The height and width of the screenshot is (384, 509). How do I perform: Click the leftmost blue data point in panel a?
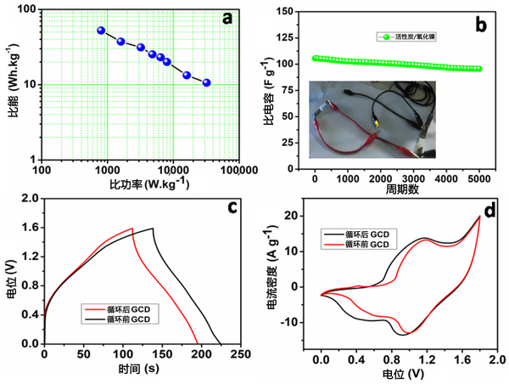tap(101, 31)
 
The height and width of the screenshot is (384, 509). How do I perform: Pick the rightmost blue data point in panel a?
tap(206, 83)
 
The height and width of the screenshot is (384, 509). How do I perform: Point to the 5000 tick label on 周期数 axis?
tap(479, 179)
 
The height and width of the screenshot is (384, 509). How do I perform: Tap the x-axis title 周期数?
tap(396, 192)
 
